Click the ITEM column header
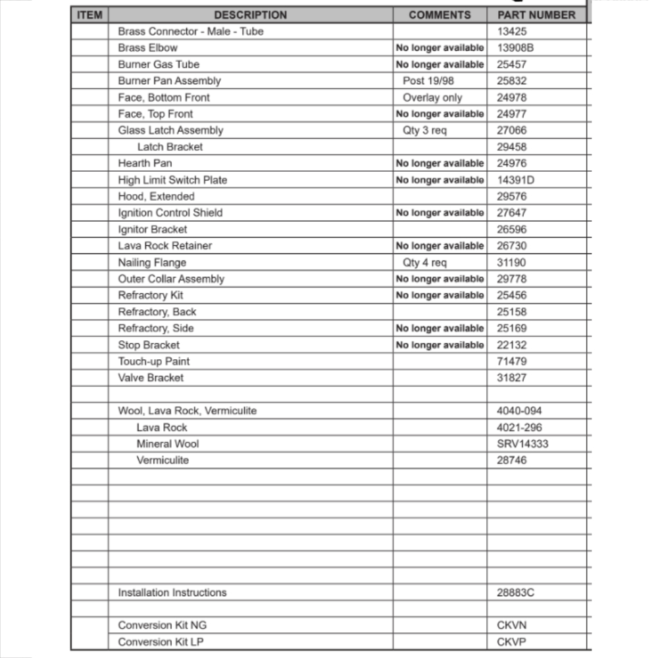point(89,15)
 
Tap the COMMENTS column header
point(440,15)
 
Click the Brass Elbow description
point(147,48)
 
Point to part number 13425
point(511,32)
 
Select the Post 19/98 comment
point(429,81)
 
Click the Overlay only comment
point(432,97)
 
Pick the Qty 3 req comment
point(424,130)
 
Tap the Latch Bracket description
point(170,147)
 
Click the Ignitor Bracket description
point(152,230)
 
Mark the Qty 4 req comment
point(424,263)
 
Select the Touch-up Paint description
point(154,361)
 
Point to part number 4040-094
point(519,411)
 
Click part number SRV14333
point(522,443)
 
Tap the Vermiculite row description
point(163,460)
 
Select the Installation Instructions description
point(172,592)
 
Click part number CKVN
point(511,625)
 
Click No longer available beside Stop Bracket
point(440,345)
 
